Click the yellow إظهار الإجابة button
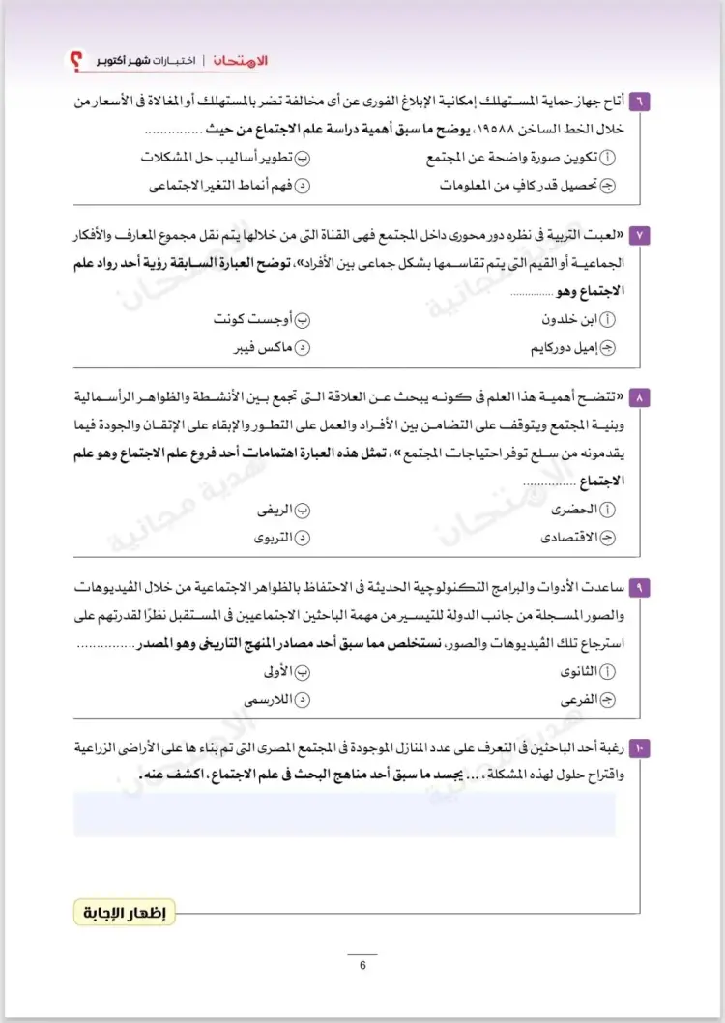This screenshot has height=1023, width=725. [x=124, y=912]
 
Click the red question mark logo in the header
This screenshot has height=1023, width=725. [x=75, y=61]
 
